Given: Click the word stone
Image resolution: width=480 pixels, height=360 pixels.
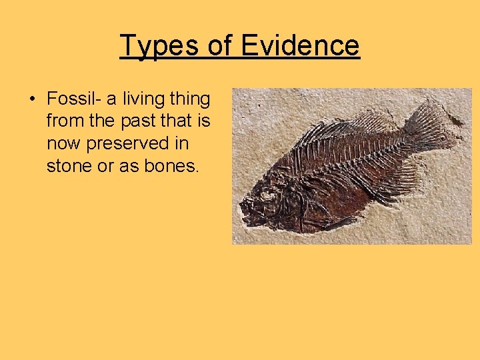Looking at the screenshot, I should point(69,166).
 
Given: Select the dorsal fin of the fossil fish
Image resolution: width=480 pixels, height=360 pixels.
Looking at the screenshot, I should point(347,123).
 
